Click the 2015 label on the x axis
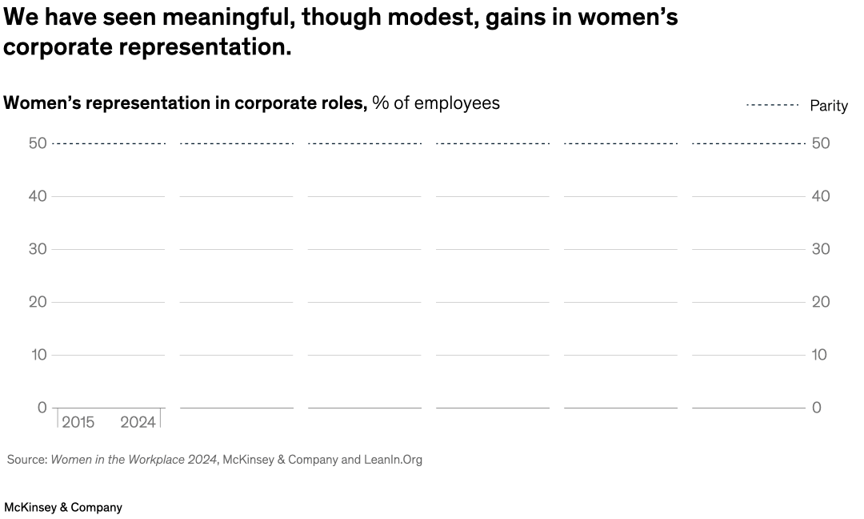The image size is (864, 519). (x=78, y=422)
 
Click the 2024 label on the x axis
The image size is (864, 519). (x=138, y=422)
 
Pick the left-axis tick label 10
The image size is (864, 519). (x=39, y=355)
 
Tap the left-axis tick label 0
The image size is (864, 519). (x=42, y=408)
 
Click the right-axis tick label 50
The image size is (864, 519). (x=821, y=143)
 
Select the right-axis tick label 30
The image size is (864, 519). (x=821, y=249)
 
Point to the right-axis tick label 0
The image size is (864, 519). (x=817, y=408)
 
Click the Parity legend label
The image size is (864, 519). (x=828, y=106)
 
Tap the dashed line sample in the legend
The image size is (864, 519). (x=772, y=105)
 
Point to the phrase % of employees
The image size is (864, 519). (x=436, y=103)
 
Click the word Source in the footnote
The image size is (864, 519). (x=26, y=460)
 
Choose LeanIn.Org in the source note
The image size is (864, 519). (x=393, y=460)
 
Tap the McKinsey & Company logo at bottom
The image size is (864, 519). (x=63, y=507)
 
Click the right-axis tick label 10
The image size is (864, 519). (x=821, y=355)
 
